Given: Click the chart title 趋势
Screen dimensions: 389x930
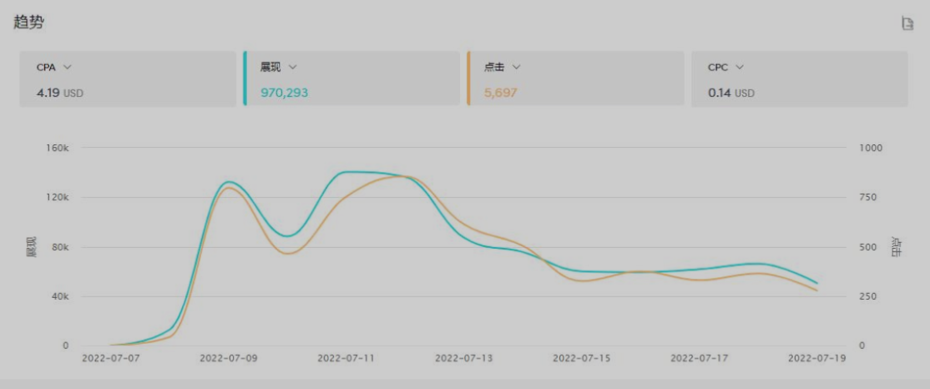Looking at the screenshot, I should (28, 23).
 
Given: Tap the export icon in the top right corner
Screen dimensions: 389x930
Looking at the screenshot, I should (907, 23).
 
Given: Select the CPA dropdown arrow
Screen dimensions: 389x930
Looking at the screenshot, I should (68, 67).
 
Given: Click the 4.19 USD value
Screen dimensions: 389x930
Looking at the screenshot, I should (59, 93).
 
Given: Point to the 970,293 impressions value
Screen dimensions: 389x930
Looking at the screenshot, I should (284, 93).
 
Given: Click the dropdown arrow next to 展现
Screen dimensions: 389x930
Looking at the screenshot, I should (293, 67).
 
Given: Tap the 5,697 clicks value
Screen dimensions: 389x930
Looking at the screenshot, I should (501, 93).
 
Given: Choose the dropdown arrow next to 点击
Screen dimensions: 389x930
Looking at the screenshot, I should (517, 67).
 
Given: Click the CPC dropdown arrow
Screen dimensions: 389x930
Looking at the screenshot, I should (740, 67).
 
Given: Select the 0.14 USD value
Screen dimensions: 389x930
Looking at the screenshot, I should (730, 93).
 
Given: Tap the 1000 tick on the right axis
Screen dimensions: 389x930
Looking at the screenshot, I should (870, 148).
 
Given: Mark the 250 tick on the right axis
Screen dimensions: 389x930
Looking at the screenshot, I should (867, 296).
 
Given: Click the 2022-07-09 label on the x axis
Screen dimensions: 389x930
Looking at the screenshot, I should (228, 358).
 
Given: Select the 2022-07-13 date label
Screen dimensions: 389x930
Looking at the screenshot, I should (463, 358).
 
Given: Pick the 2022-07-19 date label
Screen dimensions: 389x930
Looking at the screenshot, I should (817, 358).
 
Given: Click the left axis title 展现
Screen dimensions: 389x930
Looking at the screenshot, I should (32, 246).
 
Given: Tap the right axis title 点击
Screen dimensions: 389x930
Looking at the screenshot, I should (897, 246).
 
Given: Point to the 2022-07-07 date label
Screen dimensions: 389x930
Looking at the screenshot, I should (110, 358).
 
